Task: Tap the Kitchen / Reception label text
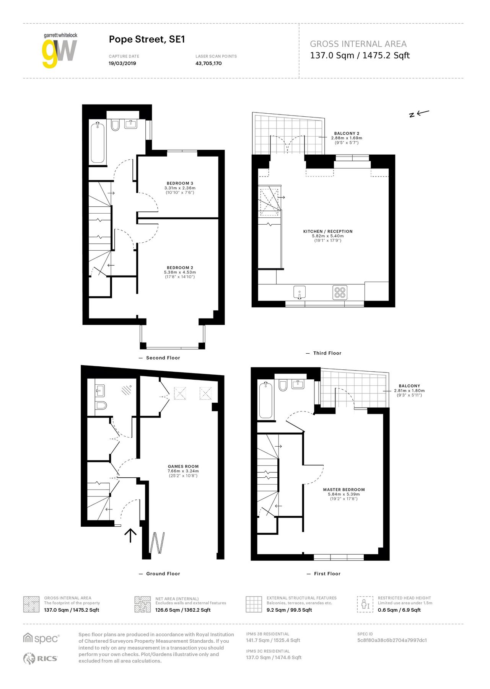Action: pos(328,232)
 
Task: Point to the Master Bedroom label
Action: pos(344,490)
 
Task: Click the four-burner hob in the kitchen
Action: pos(340,292)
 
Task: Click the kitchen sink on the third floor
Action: pos(300,292)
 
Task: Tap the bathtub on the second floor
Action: pos(98,143)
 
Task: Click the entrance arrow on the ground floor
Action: pos(130,535)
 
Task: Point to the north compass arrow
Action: pos(419,113)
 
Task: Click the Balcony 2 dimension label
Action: pos(347,138)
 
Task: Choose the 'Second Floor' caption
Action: pos(163,358)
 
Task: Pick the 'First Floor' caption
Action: pos(327,573)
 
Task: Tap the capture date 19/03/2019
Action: pos(122,64)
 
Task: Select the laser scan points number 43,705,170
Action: pos(208,64)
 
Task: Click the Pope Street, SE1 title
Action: pos(147,39)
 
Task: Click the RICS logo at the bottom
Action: pos(41,658)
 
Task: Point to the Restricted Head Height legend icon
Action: pos(365,604)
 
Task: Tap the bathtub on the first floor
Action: pos(266,400)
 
